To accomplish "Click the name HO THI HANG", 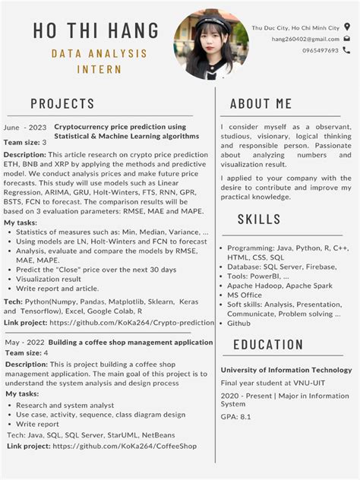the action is pyautogui.click(x=96, y=31).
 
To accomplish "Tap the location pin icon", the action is pyautogui.click(x=347, y=27).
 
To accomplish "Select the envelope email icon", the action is pyautogui.click(x=347, y=39).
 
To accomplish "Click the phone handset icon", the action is pyautogui.click(x=347, y=50).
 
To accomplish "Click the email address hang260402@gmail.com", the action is pyautogui.click(x=305, y=39).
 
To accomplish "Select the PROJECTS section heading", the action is pyautogui.click(x=62, y=103).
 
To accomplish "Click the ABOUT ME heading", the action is pyautogui.click(x=261, y=103).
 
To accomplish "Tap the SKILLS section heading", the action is pyautogui.click(x=259, y=219).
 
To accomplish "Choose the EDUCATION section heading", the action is pyautogui.click(x=268, y=345).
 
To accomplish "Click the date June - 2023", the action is pyautogui.click(x=26, y=127).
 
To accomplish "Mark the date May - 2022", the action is pyautogui.click(x=24, y=343).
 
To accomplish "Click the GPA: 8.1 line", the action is pyautogui.click(x=235, y=417).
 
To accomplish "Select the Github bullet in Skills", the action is pyautogui.click(x=238, y=323).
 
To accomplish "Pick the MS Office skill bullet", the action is pyautogui.click(x=245, y=295).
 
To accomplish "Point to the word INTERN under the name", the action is pyautogui.click(x=99, y=69).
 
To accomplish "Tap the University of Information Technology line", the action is pyautogui.click(x=286, y=370).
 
